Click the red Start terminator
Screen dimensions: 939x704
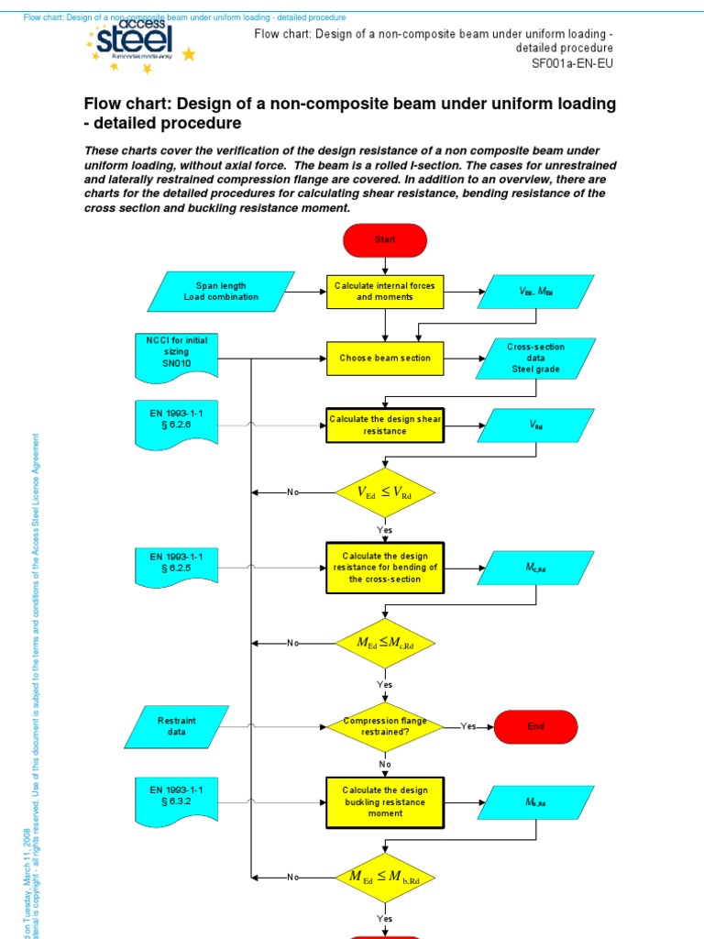click(385, 239)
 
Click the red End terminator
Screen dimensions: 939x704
click(536, 726)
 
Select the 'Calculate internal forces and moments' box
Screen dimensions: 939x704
click(385, 292)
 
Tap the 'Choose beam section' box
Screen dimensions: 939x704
click(385, 358)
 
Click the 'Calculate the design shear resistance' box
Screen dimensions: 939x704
click(385, 425)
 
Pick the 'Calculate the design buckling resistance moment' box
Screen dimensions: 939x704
click(385, 801)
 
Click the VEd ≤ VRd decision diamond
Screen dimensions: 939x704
click(385, 492)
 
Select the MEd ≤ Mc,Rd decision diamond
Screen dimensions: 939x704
click(385, 643)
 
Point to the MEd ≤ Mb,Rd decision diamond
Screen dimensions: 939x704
click(385, 877)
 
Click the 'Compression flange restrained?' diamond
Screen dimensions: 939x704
click(385, 726)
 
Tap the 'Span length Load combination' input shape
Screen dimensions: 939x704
click(221, 292)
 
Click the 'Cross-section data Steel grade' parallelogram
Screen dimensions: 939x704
click(536, 359)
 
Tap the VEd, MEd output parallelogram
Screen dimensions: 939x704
click(536, 292)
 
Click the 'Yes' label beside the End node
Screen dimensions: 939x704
click(468, 726)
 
